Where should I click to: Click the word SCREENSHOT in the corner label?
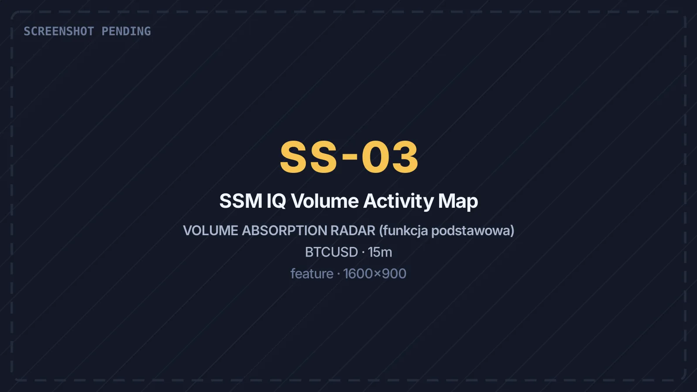point(59,31)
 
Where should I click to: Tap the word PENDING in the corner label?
point(126,31)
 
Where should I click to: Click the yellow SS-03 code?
point(349,157)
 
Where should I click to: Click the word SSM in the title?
point(241,201)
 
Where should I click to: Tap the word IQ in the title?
point(276,201)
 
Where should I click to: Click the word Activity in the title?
point(399,202)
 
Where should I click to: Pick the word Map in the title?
point(458,202)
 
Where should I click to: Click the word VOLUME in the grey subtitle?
point(211,230)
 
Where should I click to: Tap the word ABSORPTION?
point(284,230)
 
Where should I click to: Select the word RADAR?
point(353,230)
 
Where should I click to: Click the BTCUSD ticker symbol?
point(332,252)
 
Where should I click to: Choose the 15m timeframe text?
point(380,252)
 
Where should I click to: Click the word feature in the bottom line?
point(312,274)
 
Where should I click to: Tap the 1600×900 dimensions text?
point(375,274)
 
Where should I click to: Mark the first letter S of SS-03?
point(294,157)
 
